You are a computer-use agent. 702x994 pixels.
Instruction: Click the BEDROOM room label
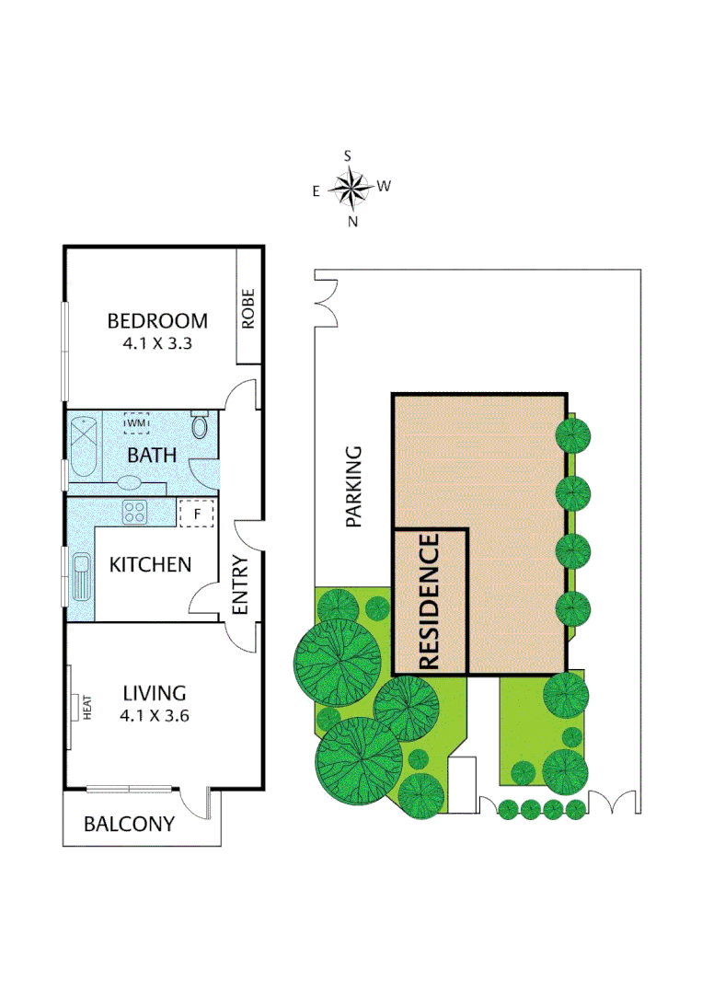coord(157,321)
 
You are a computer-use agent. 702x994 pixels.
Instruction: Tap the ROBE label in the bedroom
coord(248,309)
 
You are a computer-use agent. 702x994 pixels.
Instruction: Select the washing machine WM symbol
coord(137,422)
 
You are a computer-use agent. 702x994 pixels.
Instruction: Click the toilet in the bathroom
coord(200,427)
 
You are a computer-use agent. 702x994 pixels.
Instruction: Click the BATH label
coord(151,455)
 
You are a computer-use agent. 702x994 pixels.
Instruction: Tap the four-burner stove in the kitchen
coord(135,511)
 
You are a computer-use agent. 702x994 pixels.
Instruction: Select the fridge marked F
coord(196,512)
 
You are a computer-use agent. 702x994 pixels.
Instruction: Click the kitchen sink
coord(81,577)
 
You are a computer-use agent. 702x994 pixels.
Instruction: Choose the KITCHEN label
coord(150,564)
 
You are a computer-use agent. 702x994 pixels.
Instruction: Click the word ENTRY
coord(241,585)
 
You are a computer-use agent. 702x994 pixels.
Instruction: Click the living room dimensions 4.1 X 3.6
coord(155,716)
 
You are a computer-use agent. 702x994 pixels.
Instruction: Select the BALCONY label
coord(129,824)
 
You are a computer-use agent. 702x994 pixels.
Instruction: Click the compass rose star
coord(349,189)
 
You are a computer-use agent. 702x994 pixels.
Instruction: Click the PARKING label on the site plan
coord(354,486)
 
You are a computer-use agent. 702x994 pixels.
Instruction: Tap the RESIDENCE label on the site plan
coord(430,602)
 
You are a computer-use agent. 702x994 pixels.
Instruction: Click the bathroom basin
coord(130,481)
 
